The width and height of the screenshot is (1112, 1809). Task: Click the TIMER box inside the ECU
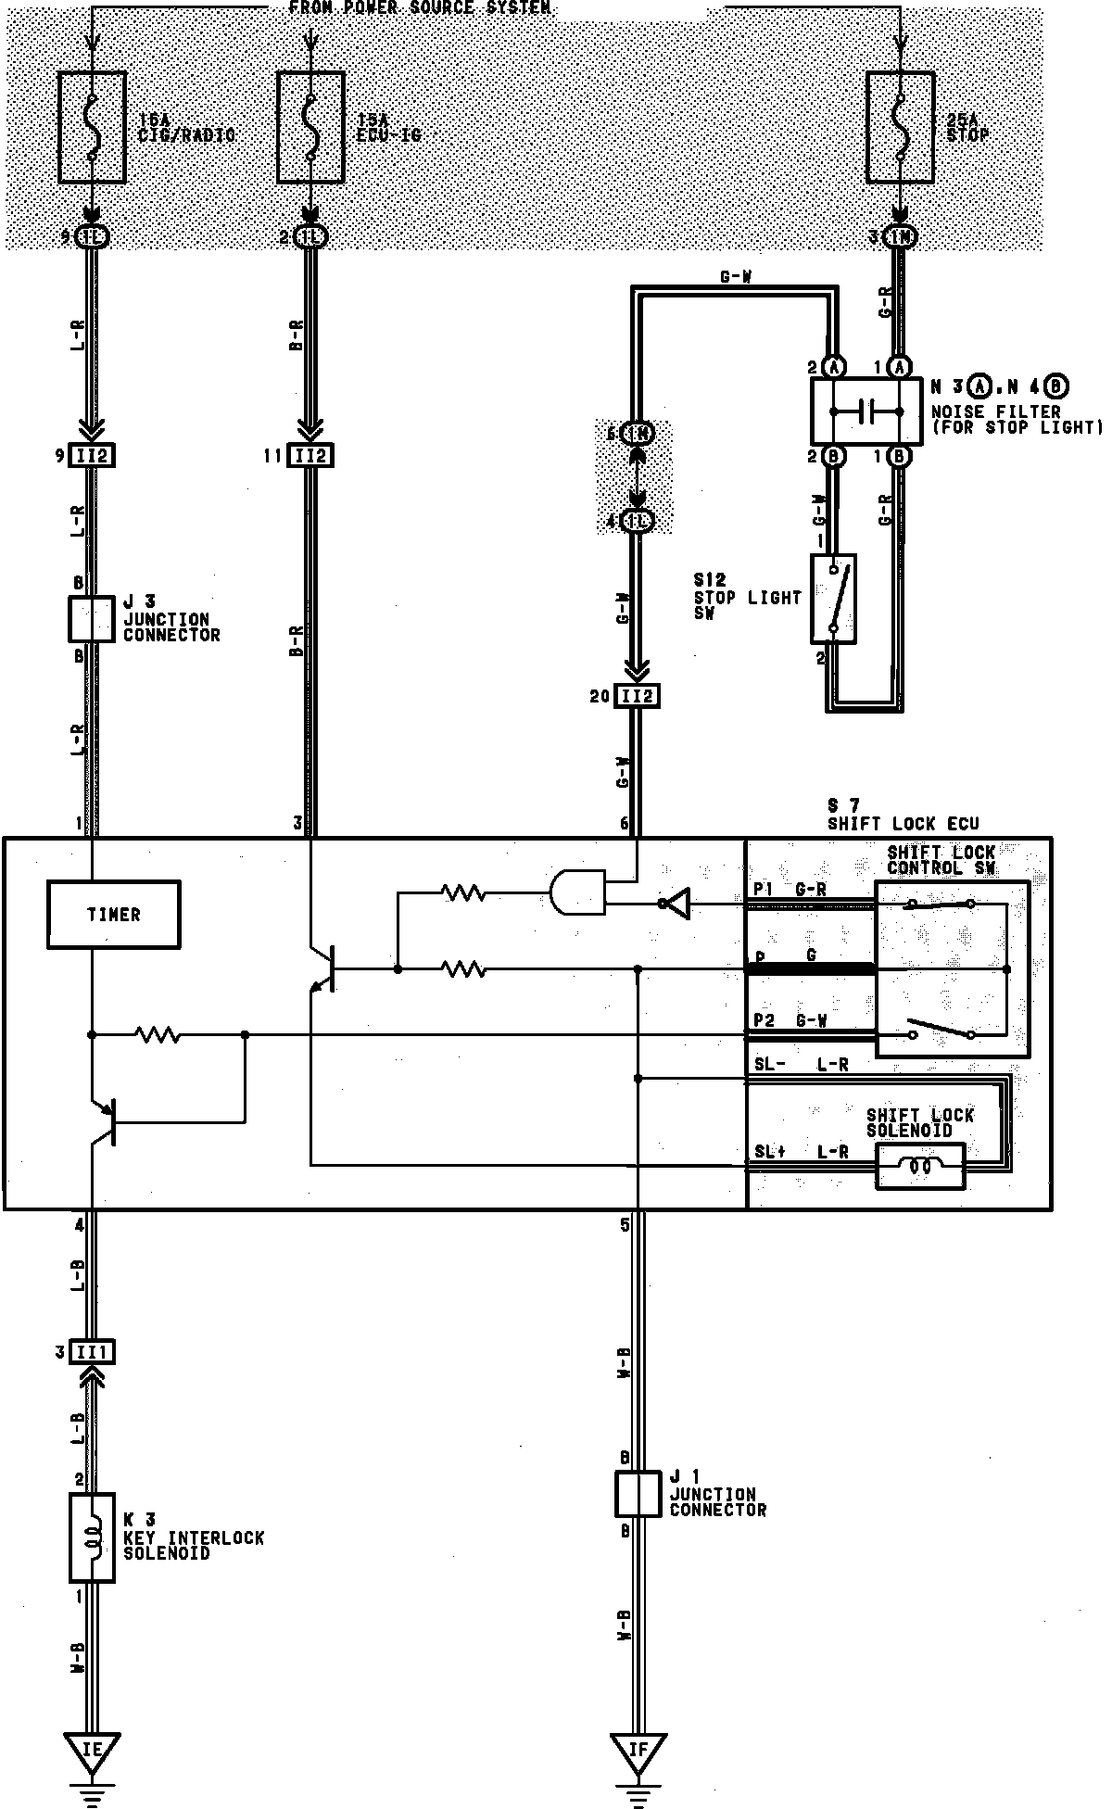click(x=113, y=915)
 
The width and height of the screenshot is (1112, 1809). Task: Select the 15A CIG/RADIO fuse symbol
click(x=92, y=129)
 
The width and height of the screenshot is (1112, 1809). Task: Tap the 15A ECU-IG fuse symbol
click(x=311, y=129)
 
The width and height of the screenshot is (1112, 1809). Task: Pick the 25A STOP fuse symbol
click(x=900, y=129)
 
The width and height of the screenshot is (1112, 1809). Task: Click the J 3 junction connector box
click(x=91, y=619)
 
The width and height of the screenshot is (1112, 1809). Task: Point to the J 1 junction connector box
click(x=638, y=1493)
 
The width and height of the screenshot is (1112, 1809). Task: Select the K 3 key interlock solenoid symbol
click(x=92, y=1537)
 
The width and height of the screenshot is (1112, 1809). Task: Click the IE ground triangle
click(x=92, y=1751)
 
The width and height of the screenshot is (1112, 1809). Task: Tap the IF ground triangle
click(x=638, y=1751)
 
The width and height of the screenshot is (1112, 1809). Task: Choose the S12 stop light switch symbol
click(x=833, y=599)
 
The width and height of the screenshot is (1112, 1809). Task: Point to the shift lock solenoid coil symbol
click(x=919, y=1167)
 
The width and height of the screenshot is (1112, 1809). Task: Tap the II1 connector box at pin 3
click(x=91, y=1353)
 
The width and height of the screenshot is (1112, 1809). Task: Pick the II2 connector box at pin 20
click(x=637, y=695)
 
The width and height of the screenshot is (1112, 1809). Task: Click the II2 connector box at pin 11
click(x=310, y=456)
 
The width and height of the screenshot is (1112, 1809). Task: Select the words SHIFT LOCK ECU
click(x=903, y=824)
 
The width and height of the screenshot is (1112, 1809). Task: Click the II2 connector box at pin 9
click(x=92, y=456)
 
